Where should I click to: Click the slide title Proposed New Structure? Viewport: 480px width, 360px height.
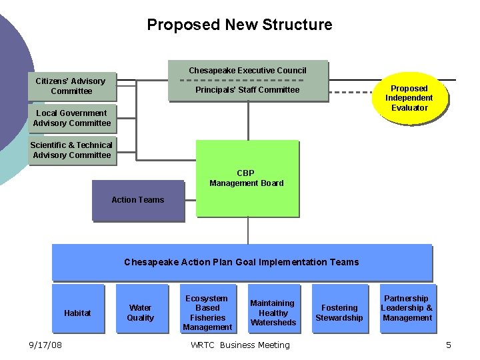point(239,25)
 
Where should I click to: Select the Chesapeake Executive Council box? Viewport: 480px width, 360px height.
point(247,71)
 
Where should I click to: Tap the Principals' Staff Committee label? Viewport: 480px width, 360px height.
point(247,90)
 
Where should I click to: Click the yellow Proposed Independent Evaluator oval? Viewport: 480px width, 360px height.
point(409,98)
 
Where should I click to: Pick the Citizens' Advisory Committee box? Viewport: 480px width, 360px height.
point(71,86)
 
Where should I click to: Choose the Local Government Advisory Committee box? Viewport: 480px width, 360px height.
point(72,118)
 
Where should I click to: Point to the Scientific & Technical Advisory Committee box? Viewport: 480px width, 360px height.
point(72,150)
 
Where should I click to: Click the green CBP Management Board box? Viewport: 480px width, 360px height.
point(247,178)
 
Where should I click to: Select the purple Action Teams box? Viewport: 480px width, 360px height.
point(137,200)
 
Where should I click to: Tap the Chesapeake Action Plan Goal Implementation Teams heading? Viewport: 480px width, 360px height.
point(241,262)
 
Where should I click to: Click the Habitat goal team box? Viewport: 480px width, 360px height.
point(77,313)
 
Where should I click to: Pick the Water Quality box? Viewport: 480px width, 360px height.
point(140,313)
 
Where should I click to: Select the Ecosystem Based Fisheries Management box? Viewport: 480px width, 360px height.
point(207,313)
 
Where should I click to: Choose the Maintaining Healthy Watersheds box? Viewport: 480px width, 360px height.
point(273,313)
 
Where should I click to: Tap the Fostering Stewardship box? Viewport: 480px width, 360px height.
point(339,313)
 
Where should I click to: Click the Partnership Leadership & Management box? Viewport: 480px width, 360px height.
point(407,309)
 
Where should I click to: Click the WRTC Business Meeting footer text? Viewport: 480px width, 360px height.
point(240,345)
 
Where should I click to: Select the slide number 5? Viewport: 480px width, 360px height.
point(449,345)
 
